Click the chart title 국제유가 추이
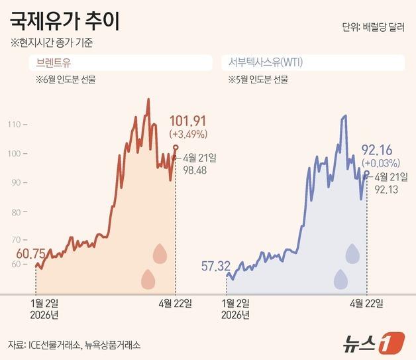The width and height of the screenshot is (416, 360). coord(64,22)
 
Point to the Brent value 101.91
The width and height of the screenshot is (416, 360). coord(189,121)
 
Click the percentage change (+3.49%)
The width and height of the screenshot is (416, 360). coord(189,134)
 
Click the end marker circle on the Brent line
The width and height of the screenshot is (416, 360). coord(176,147)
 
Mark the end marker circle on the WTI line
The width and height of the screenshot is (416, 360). coord(366,172)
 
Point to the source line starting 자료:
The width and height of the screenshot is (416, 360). coord(74,345)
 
